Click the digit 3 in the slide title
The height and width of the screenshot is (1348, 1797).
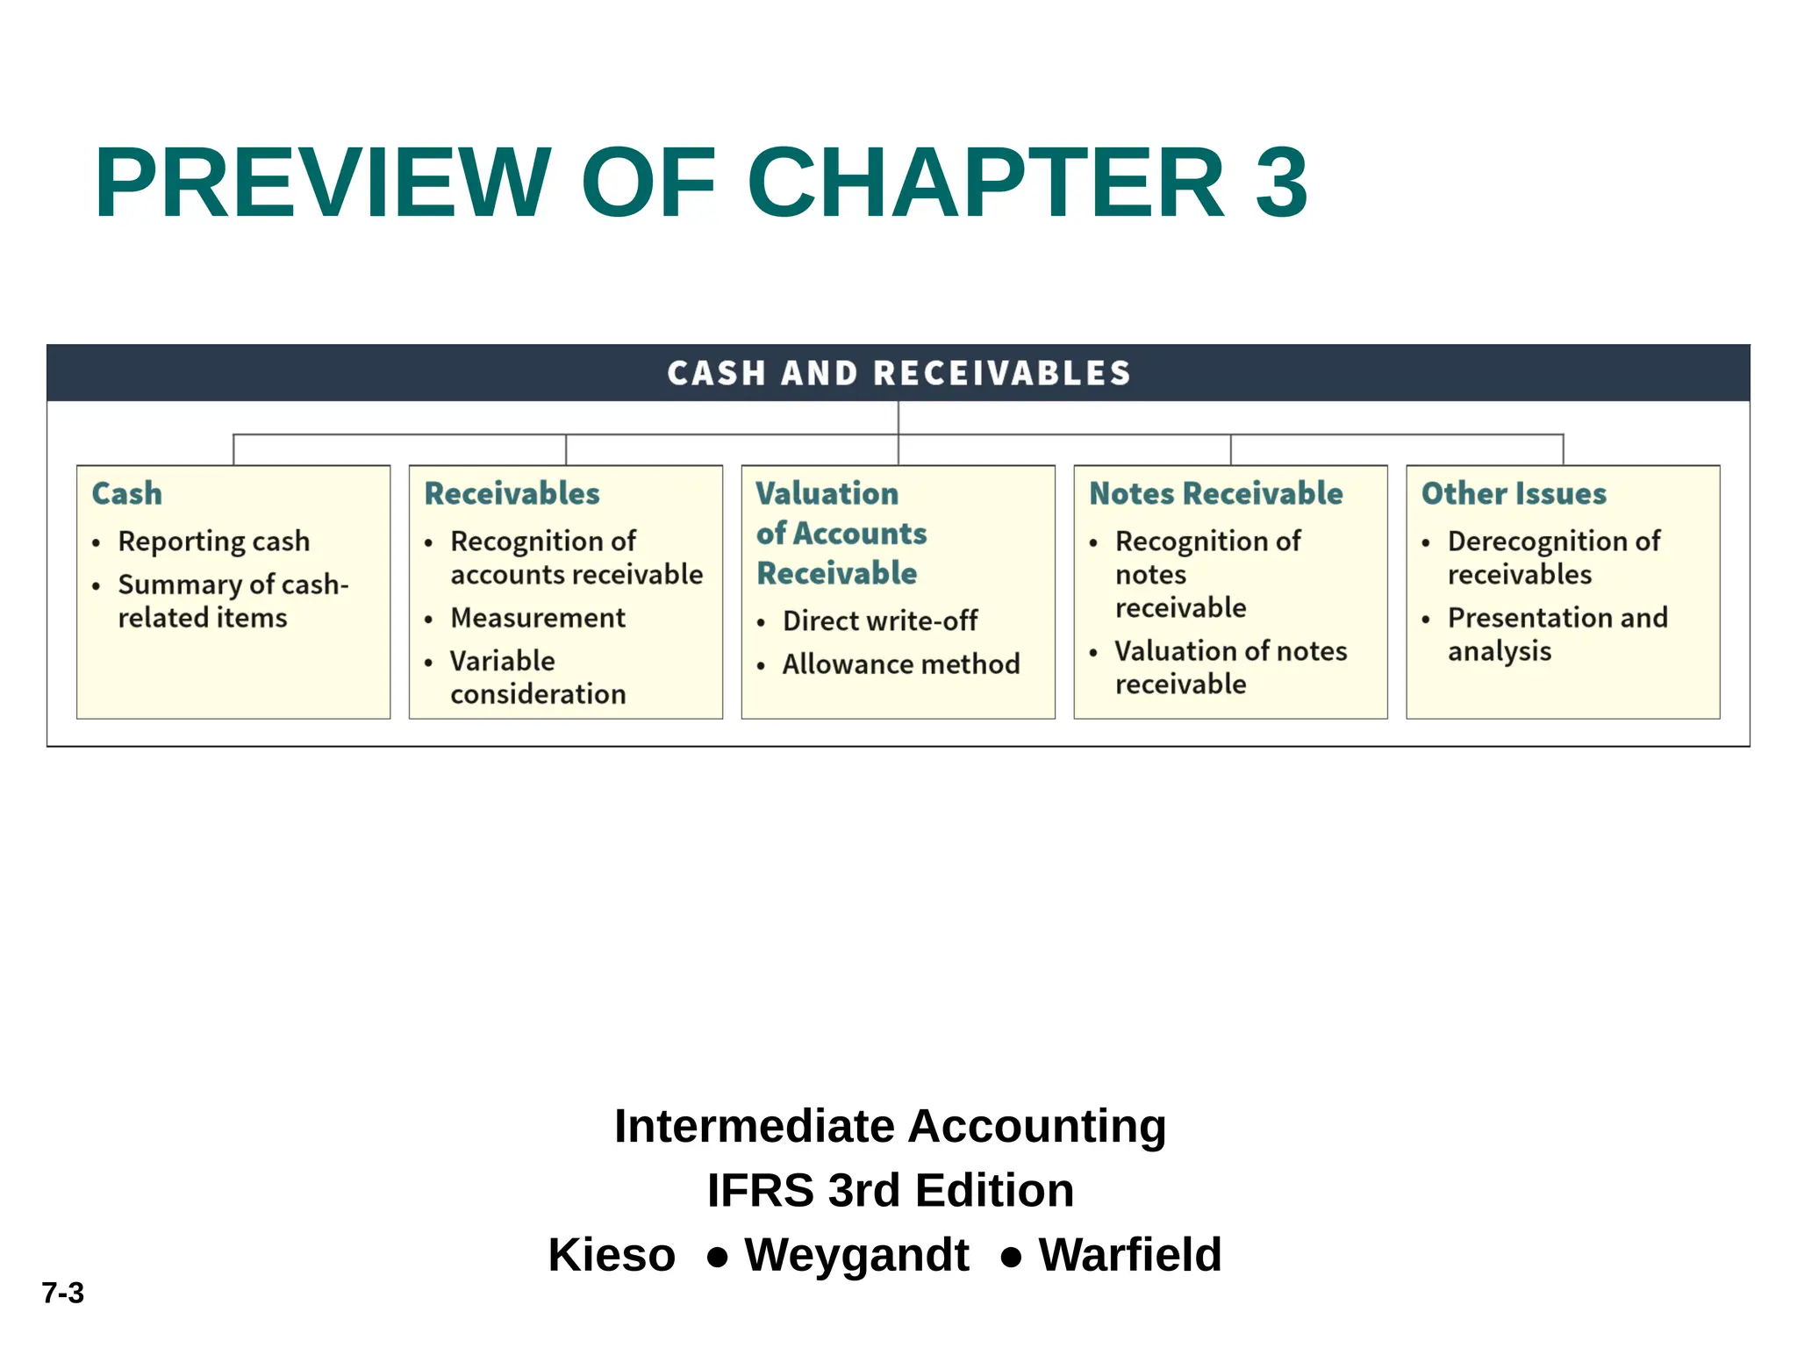pos(1281,183)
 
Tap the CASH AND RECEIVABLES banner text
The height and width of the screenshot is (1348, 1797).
pos(898,373)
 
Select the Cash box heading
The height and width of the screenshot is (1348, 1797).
pos(127,493)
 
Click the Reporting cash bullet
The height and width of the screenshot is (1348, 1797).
pos(213,541)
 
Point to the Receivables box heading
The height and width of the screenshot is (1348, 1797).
pos(512,493)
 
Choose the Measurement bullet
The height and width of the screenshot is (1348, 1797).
pos(537,618)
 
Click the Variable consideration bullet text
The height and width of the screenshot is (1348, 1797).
pos(537,678)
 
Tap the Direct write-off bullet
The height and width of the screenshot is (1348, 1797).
pos(879,621)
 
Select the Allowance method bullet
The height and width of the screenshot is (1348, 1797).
pos(900,664)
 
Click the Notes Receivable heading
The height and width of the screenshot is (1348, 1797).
pos(1215,493)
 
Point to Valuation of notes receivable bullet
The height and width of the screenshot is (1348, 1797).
pos(1230,667)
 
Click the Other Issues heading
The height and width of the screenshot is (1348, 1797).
pos(1514,493)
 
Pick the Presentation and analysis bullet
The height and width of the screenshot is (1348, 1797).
pos(1557,635)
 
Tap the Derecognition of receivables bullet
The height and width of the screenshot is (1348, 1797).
pos(1553,557)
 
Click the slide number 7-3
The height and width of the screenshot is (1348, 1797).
pos(63,1293)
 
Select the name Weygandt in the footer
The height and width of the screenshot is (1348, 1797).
pos(856,1254)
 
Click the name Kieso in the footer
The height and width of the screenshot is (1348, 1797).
pos(612,1254)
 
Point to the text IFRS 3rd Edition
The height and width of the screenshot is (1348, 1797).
pos(890,1190)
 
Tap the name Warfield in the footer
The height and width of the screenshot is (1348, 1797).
pos(1129,1254)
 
